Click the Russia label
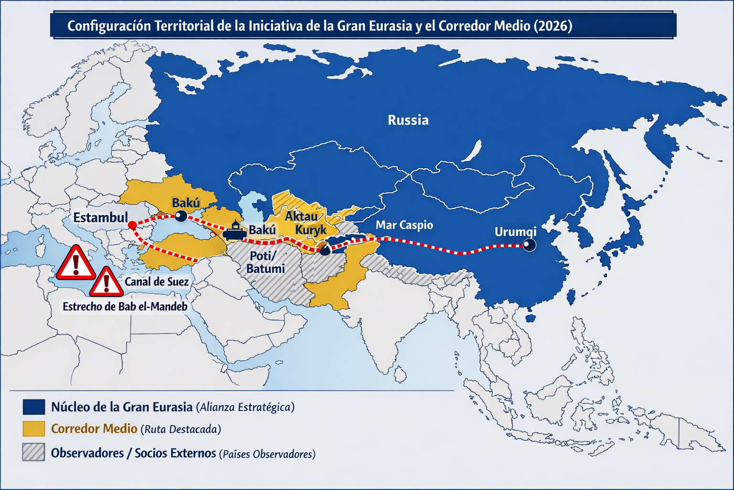(x=408, y=120)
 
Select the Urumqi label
(x=515, y=232)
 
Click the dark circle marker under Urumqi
(x=529, y=245)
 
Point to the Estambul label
(x=100, y=218)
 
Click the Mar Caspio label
(x=404, y=225)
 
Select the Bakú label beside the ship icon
(x=262, y=230)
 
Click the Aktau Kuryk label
(x=304, y=223)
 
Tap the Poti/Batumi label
(x=266, y=262)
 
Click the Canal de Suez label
(x=156, y=282)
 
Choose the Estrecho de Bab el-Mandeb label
(x=125, y=307)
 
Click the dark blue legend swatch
(x=33, y=407)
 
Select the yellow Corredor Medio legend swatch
(x=33, y=429)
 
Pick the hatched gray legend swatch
(x=33, y=452)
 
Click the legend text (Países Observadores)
(x=267, y=454)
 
